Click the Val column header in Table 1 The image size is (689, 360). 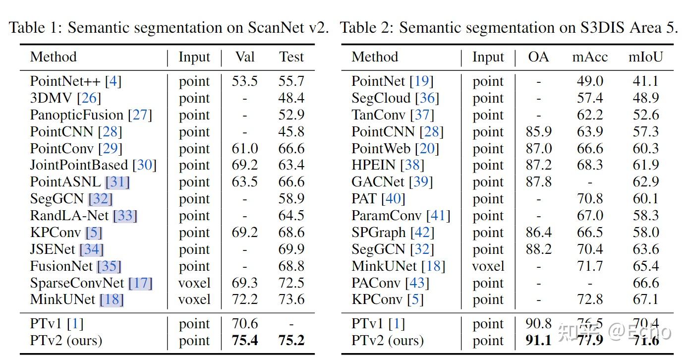coord(245,57)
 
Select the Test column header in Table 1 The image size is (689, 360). coord(291,57)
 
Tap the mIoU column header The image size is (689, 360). coord(645,57)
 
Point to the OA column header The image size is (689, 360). coord(538,57)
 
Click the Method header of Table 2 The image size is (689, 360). coord(375,57)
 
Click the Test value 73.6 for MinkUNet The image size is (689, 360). coord(291,300)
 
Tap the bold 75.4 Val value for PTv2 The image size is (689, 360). coord(245,341)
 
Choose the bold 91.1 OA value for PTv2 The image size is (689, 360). coord(539,341)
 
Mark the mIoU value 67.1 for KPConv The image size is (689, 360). coord(646,300)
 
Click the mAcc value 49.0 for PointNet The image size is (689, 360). coord(590,81)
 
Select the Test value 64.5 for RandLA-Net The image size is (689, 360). coord(291,216)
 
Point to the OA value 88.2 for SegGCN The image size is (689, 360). coord(539,249)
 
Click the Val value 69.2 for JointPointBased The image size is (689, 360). coord(245,165)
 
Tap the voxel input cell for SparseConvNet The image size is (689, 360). coord(194,283)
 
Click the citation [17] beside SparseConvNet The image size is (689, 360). coord(140,283)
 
